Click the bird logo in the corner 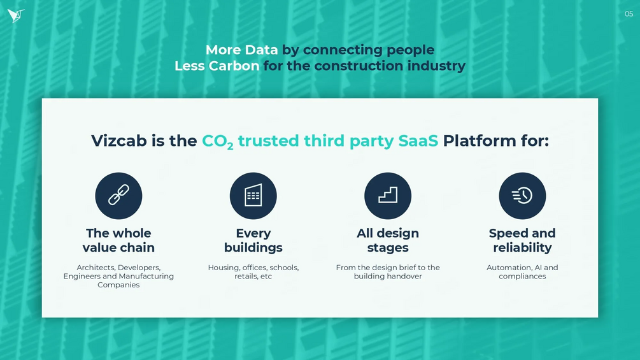point(15,15)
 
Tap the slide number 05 point(629,14)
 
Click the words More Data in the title point(241,50)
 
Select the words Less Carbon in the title point(217,66)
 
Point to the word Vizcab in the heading point(119,141)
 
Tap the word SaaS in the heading point(418,141)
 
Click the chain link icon point(119,196)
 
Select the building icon point(253,196)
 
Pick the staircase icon point(388,196)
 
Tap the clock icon point(522,196)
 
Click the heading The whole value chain point(119,240)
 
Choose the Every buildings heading point(253,240)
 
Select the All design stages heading point(388,240)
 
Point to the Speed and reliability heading point(522,240)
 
